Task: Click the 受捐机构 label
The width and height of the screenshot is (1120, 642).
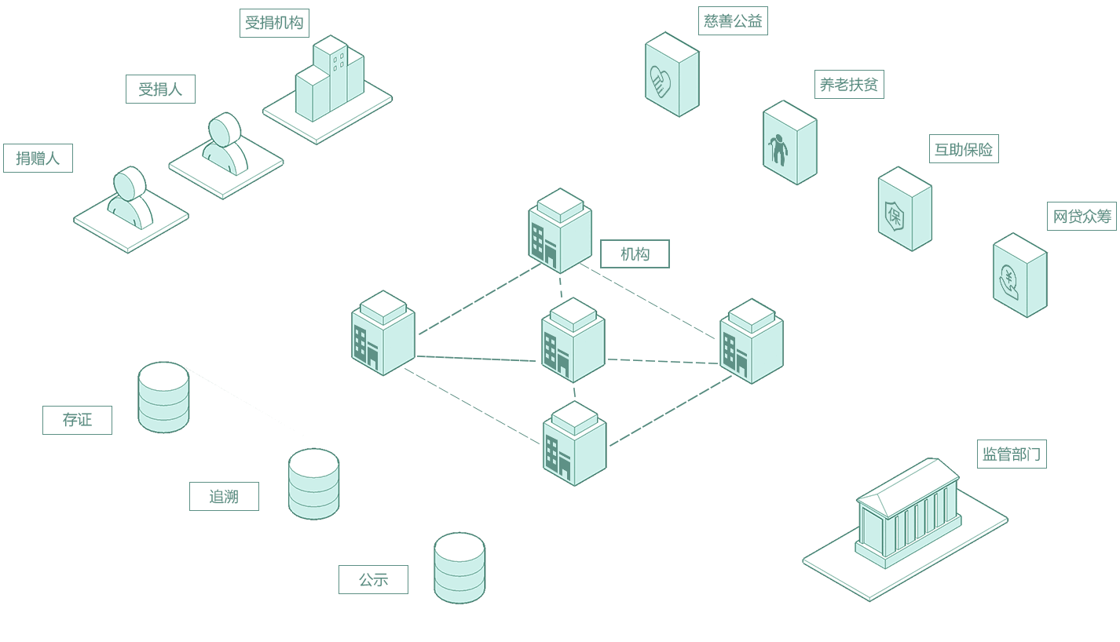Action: coord(274,23)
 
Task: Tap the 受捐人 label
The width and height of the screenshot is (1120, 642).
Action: coord(160,89)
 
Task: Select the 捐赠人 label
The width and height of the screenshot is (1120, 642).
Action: coord(38,159)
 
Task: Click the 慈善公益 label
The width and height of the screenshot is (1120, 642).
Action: coord(733,21)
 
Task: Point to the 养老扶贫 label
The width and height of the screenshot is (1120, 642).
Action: coord(848,85)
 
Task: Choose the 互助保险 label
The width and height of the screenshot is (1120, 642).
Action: coord(963,149)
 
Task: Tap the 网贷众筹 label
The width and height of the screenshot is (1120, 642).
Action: coord(1082,216)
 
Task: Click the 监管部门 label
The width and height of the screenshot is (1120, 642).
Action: coord(1012,454)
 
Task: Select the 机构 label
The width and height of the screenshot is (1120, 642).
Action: coord(635,254)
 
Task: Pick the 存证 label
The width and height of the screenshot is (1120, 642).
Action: coord(77,420)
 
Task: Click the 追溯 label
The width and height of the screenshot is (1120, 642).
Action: coord(224,496)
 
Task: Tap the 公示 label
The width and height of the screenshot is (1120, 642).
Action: coord(373,580)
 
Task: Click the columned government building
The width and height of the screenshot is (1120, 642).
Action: coord(908,514)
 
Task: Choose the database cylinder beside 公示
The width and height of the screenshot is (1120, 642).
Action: coord(459,567)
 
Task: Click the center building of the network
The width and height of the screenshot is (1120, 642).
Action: coord(573,341)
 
